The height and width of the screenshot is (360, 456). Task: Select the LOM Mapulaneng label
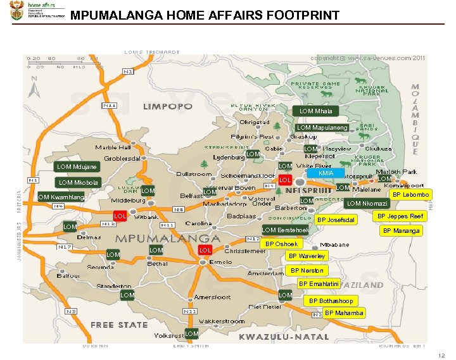(322, 128)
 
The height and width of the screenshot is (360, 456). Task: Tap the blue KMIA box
(326, 173)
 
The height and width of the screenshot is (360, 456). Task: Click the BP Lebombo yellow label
(412, 194)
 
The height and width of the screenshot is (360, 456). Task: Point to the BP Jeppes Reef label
(400, 216)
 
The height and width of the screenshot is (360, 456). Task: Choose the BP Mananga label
(402, 231)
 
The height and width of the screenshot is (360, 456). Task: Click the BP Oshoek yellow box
(281, 244)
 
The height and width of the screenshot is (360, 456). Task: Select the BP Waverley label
(307, 256)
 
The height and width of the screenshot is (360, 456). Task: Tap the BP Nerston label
(307, 271)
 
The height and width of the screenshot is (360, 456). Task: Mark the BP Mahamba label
(344, 313)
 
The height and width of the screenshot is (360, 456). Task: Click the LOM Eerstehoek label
(285, 230)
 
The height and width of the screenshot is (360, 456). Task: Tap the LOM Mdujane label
(77, 167)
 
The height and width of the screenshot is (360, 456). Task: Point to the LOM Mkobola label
(78, 183)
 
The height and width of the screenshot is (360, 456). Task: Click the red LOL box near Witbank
(120, 216)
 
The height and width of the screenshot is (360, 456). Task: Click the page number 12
(441, 355)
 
